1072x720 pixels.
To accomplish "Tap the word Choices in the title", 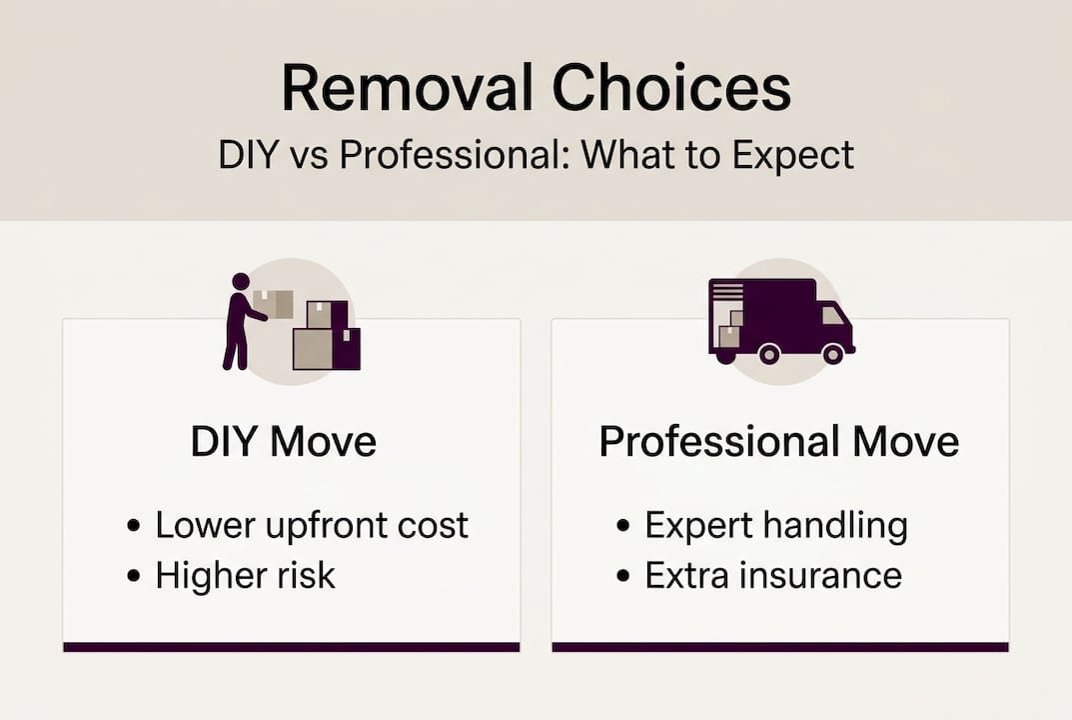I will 671,88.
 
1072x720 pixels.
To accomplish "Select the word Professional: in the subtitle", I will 416,156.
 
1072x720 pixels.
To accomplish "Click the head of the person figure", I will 240,282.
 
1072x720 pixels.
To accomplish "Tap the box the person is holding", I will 274,304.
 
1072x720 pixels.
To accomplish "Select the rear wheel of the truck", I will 768,353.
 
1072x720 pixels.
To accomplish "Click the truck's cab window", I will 831,315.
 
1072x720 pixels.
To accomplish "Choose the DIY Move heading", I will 284,441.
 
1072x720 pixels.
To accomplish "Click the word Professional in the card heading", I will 704,441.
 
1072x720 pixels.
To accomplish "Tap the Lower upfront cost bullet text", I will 312,525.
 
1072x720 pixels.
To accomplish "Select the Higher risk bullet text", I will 246,575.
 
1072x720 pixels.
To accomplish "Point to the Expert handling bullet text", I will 776,525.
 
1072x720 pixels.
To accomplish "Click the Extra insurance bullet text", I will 773,575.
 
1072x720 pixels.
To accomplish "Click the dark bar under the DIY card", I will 291,647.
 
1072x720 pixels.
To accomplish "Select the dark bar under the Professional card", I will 780,647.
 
